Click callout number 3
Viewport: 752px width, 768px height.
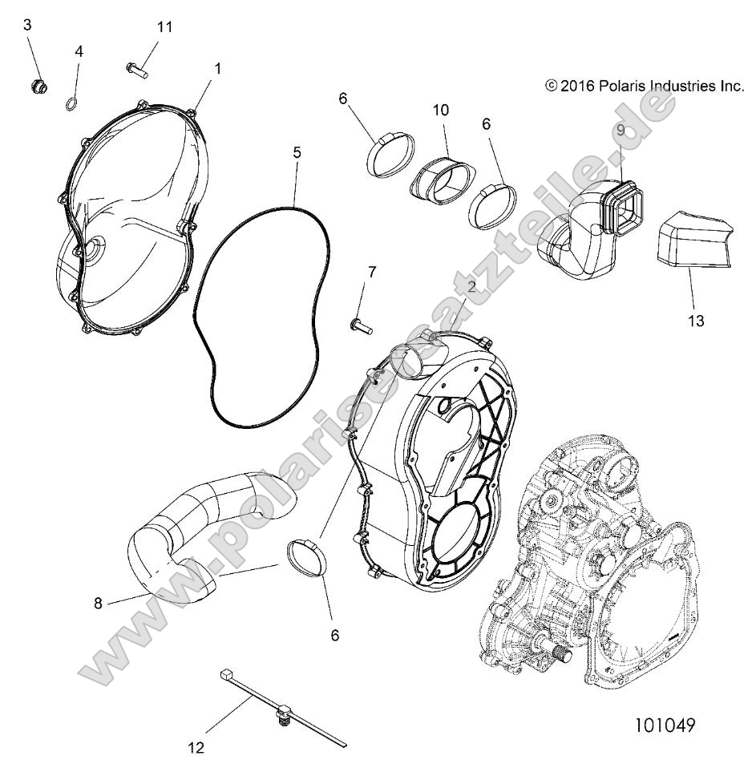(27, 25)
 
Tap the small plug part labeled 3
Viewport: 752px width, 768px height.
(37, 85)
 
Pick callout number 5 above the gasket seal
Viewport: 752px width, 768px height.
(297, 151)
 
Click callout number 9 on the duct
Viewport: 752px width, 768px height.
(620, 130)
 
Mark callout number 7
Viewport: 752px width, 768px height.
(371, 272)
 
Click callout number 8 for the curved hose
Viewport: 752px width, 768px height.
(99, 604)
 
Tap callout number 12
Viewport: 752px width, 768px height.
(196, 748)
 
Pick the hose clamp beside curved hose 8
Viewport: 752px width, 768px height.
(305, 559)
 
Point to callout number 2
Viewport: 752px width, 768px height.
(473, 286)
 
